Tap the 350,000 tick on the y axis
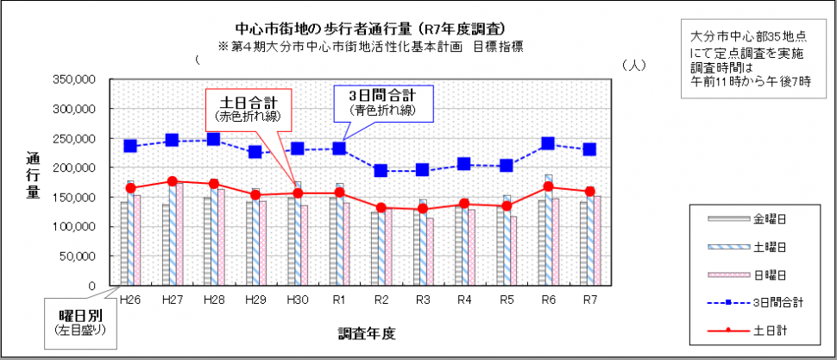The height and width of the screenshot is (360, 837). coord(74,79)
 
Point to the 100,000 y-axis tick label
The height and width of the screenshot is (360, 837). coord(74,226)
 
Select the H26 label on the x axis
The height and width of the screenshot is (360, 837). coord(131,300)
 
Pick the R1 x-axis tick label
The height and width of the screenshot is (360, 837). coord(338,300)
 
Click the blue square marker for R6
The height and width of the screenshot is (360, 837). coord(547,144)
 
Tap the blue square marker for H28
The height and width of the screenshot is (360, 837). coord(214,139)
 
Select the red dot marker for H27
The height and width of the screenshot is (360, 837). coord(173,181)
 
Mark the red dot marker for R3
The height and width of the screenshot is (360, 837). coord(423,209)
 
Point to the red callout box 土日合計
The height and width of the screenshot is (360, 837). coord(249,106)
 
